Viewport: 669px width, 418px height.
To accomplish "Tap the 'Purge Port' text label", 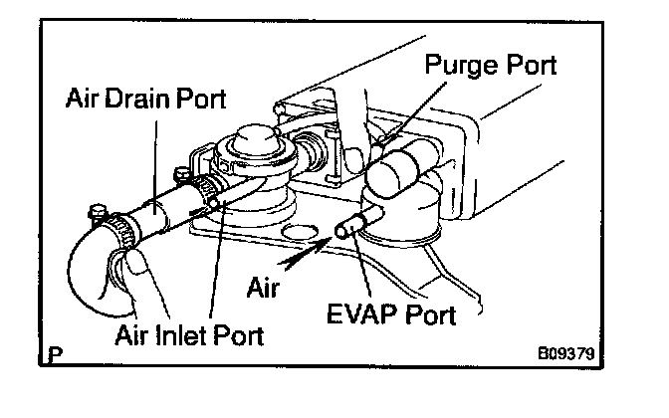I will [490, 67].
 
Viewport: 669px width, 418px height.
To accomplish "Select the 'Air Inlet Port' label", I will [188, 335].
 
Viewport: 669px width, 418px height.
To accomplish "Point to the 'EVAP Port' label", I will [391, 316].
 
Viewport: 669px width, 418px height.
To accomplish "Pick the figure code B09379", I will [571, 352].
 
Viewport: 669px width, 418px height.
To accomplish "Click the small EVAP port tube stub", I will [347, 228].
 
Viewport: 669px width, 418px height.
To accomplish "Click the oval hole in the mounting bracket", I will [295, 235].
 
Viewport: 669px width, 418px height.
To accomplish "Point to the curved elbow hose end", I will [90, 278].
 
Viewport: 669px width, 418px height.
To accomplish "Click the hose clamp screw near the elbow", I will [97, 211].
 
